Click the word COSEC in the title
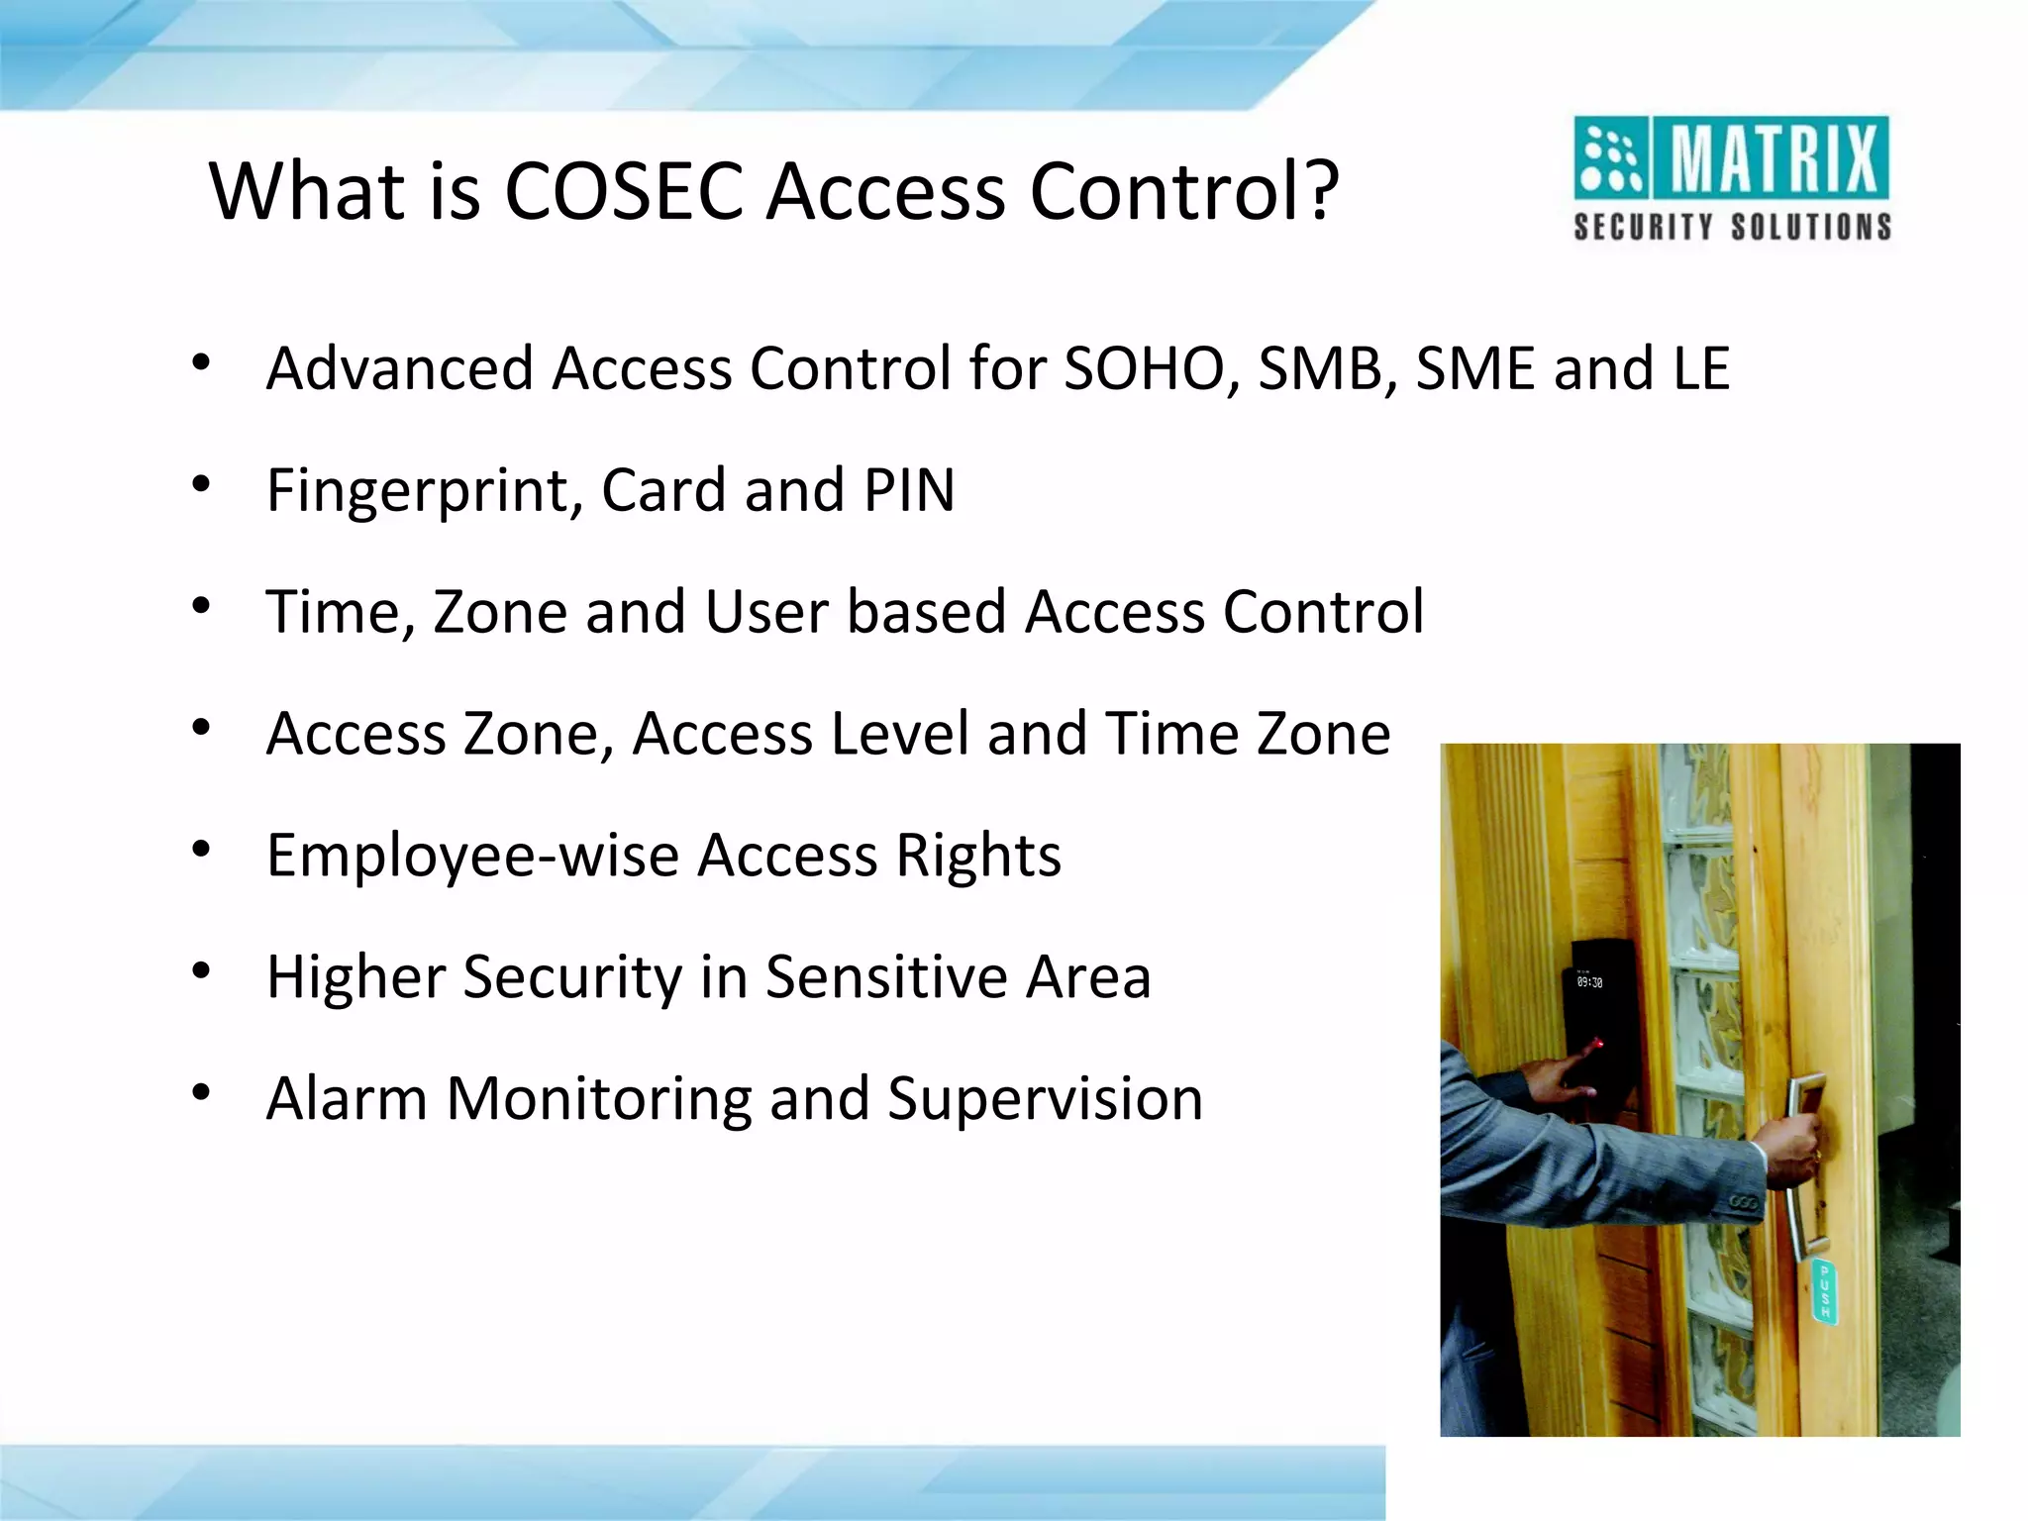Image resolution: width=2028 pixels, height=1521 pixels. [x=624, y=190]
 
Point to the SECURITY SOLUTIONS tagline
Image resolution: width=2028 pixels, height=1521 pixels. [x=1732, y=227]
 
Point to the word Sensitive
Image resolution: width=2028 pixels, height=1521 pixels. [x=886, y=977]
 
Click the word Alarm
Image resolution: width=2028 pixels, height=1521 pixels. [x=347, y=1098]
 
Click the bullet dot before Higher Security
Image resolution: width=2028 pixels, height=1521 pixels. [x=202, y=971]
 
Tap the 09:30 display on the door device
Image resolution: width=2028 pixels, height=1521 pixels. [x=1589, y=982]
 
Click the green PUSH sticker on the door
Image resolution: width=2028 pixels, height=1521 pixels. [x=1825, y=1291]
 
